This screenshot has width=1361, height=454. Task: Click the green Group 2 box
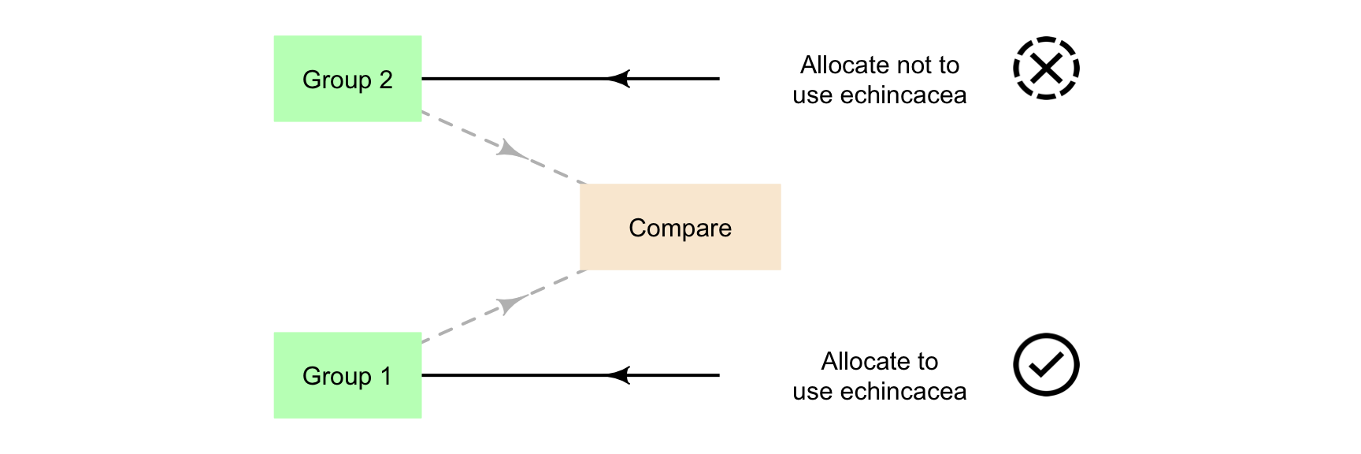pos(347,79)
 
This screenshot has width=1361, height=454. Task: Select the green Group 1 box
pos(347,375)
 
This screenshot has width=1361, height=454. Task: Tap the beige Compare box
pos(680,227)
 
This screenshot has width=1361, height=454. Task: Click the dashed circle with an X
pos(1046,68)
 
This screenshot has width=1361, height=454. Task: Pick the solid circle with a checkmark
pos(1046,364)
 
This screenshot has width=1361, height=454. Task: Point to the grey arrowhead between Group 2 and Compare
pos(510,148)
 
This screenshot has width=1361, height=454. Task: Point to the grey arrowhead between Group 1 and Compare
pos(510,304)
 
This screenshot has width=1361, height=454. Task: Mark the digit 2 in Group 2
pos(385,80)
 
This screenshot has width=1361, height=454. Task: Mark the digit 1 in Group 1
pos(385,376)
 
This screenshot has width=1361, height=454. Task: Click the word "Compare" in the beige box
pos(680,228)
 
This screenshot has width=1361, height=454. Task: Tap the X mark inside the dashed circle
pos(1046,69)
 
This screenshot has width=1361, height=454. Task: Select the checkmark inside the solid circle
pos(1046,365)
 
